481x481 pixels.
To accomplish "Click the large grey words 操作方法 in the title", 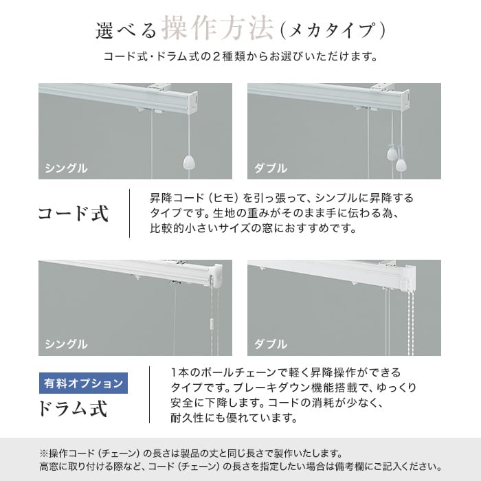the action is point(217,29).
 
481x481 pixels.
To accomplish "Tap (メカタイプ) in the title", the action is point(332,31).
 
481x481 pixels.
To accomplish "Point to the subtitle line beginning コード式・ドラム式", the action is point(240,57).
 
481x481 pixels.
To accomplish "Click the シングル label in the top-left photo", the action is point(66,168).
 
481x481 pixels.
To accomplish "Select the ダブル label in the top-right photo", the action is point(270,168).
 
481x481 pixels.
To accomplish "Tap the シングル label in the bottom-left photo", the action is point(66,344).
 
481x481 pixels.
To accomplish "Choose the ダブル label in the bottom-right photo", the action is point(270,344).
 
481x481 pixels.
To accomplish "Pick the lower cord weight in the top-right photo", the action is point(401,165).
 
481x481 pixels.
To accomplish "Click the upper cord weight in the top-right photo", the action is point(392,153).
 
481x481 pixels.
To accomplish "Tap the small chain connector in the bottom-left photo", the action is point(211,324).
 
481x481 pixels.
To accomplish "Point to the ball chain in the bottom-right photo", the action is point(410,322).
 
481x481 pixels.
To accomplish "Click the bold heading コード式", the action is point(74,213).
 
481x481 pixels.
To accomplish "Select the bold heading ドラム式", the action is point(73,408).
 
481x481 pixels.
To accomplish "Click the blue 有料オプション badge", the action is point(83,383).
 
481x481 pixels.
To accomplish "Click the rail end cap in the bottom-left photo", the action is point(216,275).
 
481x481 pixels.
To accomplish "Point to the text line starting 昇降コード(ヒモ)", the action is point(282,198).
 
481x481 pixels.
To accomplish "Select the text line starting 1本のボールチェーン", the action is point(286,372).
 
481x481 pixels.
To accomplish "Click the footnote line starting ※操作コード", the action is point(191,453).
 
